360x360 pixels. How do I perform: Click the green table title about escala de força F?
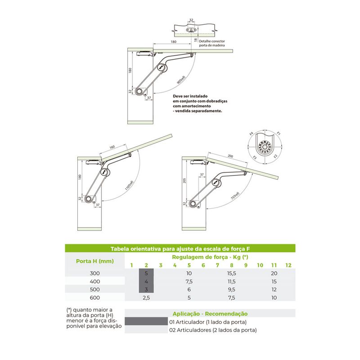180,248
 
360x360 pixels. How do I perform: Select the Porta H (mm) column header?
94,261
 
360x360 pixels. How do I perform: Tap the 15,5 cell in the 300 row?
232,274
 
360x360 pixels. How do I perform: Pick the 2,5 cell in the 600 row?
146,297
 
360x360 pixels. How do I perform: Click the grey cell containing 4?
146,282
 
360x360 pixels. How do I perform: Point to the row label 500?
94,289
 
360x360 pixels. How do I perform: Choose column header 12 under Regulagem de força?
288,265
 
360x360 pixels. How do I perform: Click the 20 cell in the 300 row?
274,274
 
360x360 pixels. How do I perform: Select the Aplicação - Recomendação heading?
210,314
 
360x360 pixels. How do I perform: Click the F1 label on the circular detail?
279,134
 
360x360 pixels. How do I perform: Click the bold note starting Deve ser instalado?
197,103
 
